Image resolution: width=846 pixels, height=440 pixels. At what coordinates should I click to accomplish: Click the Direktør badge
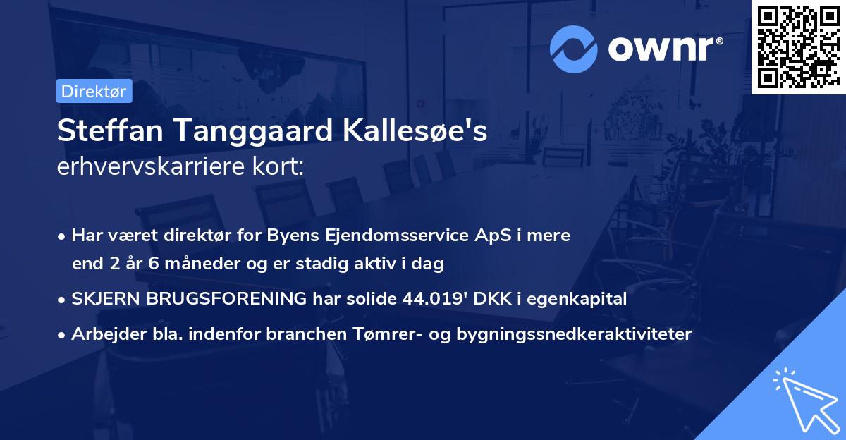click(x=94, y=91)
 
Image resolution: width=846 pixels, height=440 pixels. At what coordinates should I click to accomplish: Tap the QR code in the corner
click(x=798, y=47)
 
